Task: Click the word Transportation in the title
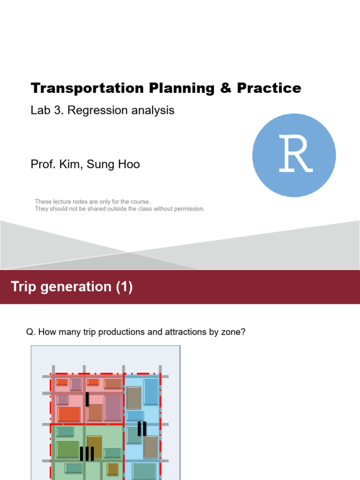point(87,88)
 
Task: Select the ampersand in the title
point(225,88)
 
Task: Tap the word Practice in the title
point(269,88)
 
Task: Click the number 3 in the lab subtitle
point(58,110)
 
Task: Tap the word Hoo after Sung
point(129,165)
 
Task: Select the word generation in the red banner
point(76,287)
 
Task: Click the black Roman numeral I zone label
point(87,399)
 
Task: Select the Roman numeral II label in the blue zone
point(142,428)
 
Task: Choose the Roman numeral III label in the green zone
point(87,454)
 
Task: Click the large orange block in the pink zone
point(69,414)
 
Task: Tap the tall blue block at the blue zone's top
point(151,392)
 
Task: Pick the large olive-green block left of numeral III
point(67,450)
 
